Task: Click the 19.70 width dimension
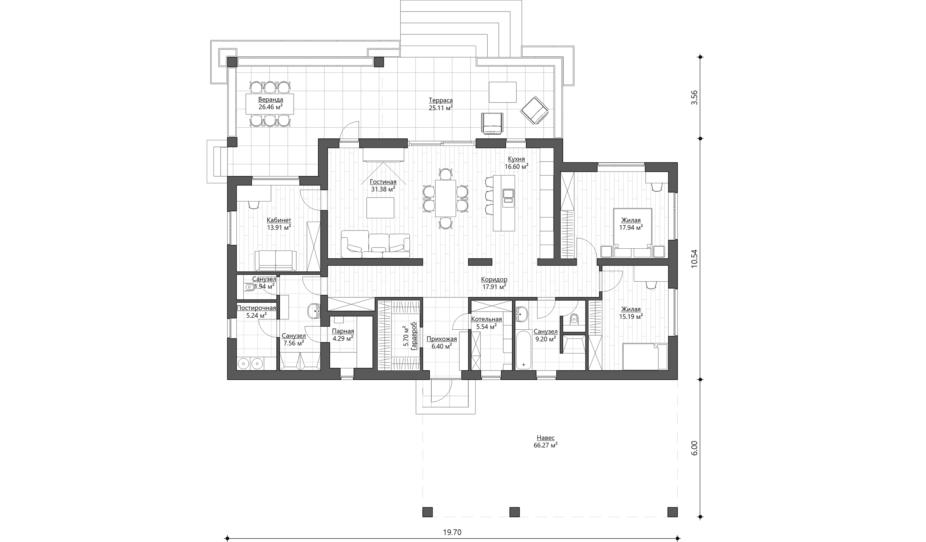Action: click(452, 532)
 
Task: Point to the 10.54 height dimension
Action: click(694, 259)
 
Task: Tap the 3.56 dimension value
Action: click(694, 98)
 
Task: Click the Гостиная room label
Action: click(383, 182)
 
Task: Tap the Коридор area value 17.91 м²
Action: click(494, 287)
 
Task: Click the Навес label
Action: click(546, 438)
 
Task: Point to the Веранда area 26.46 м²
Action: click(270, 107)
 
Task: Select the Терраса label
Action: click(441, 100)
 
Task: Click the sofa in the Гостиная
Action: click(375, 244)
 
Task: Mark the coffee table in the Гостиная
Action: click(380, 208)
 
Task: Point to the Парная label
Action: click(343, 331)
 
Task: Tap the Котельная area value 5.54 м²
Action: click(486, 326)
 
